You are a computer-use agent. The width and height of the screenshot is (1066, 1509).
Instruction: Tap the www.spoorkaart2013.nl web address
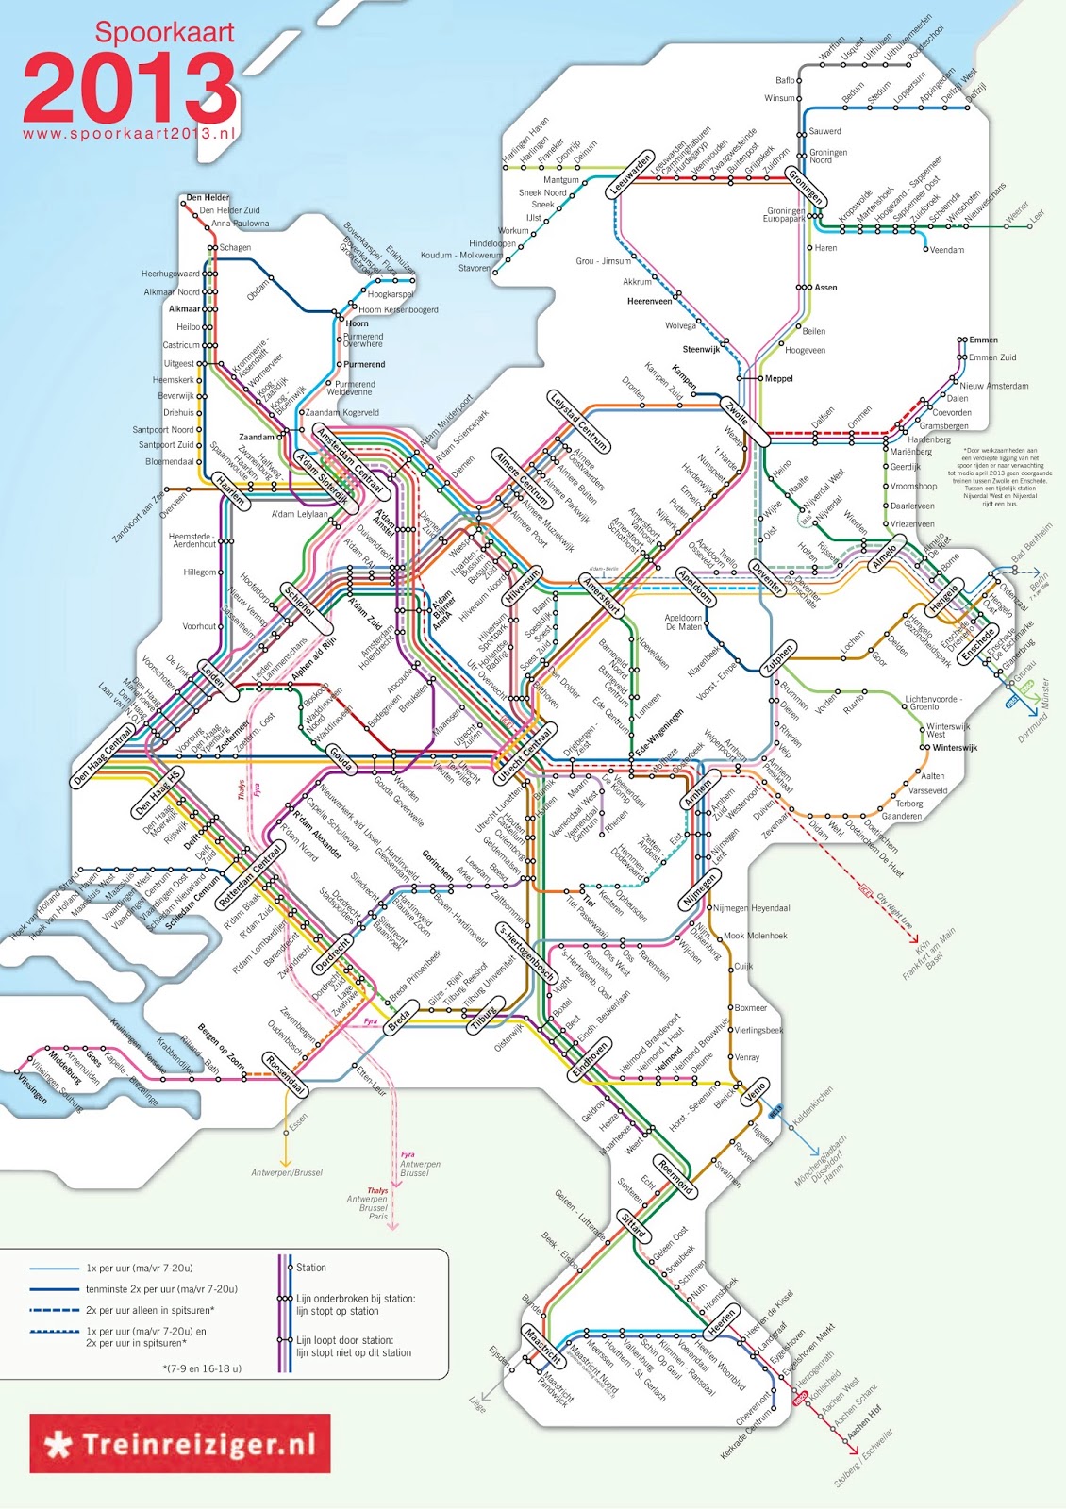tap(128, 134)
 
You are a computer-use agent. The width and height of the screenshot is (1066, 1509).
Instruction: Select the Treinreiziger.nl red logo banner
tap(180, 1443)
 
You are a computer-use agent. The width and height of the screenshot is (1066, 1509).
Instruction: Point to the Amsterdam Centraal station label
tap(351, 461)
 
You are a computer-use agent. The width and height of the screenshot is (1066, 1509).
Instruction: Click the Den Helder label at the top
tap(208, 198)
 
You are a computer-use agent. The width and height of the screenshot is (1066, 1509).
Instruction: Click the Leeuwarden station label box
tap(630, 174)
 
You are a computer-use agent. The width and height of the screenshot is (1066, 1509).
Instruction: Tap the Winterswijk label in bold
tap(955, 748)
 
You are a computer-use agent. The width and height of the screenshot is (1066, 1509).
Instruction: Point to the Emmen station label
tap(983, 340)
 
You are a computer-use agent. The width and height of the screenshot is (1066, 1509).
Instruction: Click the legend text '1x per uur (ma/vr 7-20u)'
tap(139, 1269)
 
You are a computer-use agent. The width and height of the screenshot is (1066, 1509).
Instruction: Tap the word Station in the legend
tap(311, 1268)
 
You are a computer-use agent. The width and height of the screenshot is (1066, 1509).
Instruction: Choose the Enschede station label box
tap(978, 645)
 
